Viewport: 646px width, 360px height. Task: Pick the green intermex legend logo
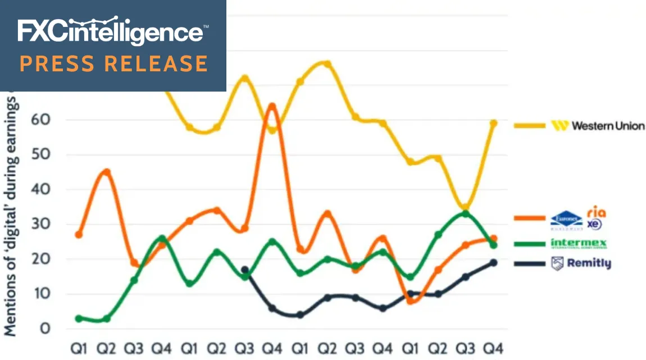[x=579, y=244]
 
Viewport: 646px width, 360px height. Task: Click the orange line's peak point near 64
[x=272, y=106]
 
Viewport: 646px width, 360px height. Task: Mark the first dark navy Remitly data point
[x=245, y=270]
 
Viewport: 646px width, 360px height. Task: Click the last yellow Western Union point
[x=493, y=123]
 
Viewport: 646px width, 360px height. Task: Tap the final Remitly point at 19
[x=493, y=262]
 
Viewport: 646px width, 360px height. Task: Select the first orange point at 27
[x=79, y=234]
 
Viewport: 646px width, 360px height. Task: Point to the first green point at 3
[x=79, y=318]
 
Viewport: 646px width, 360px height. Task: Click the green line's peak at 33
[x=465, y=213]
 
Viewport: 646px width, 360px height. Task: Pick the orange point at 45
[x=107, y=172]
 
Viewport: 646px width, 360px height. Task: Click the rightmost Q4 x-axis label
[x=493, y=348]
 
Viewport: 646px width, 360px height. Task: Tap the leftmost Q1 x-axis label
[x=79, y=348]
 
